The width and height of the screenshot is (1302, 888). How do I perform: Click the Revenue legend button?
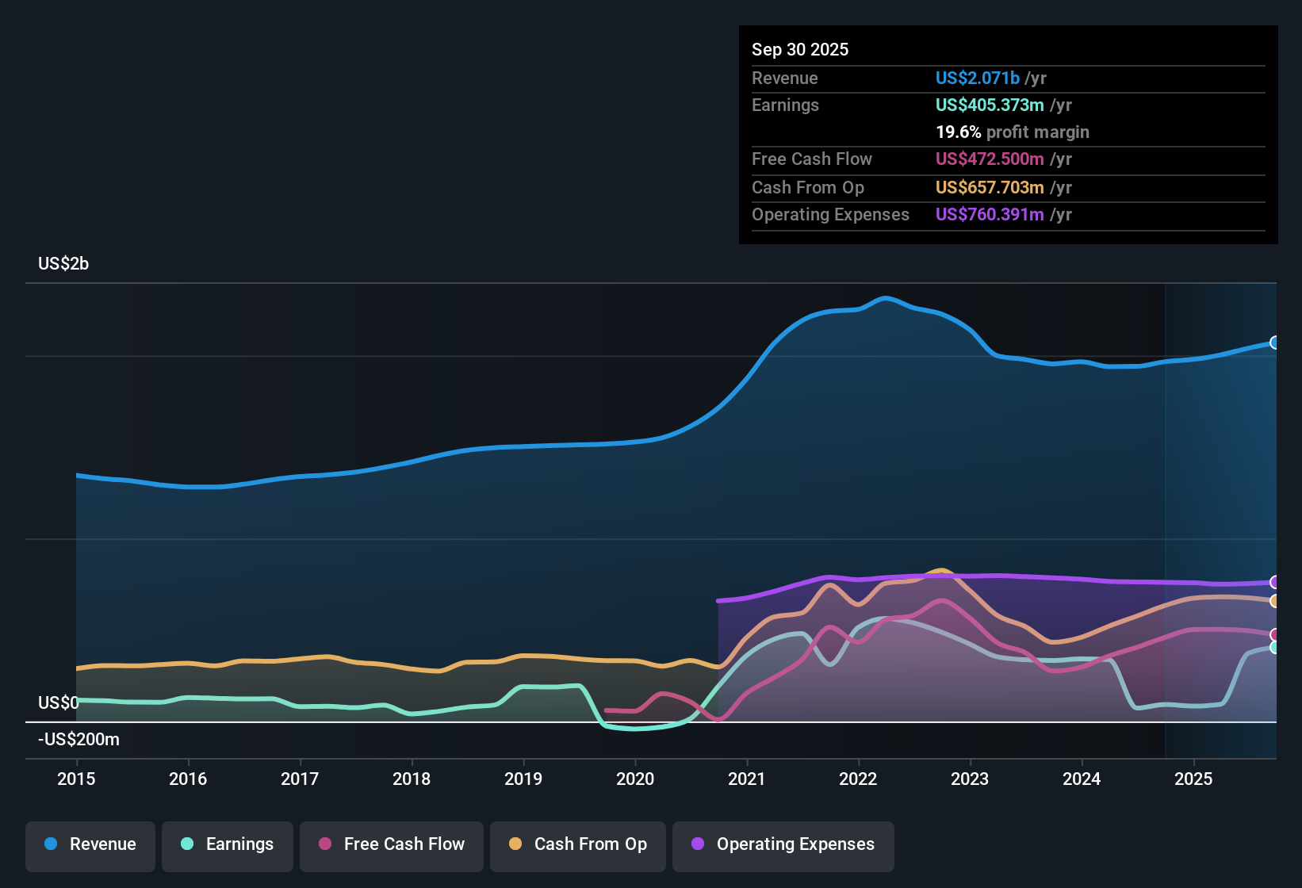90,844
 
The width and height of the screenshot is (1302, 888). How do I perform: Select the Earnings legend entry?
228,844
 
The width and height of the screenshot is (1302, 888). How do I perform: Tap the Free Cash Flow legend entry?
392,844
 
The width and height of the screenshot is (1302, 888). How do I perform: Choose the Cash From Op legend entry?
578,844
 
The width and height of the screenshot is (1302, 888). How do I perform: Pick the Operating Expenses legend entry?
783,844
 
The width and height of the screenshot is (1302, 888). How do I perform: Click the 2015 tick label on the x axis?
76,779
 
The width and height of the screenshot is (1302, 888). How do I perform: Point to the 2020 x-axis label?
635,779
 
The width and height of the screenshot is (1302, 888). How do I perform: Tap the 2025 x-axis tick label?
1193,779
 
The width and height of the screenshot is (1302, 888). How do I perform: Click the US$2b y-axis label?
63,264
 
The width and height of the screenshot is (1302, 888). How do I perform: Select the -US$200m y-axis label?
79,740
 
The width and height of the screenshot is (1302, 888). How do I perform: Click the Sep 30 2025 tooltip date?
800,50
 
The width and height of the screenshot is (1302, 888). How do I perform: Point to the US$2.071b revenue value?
978,78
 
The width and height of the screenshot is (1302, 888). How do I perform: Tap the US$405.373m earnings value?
990,105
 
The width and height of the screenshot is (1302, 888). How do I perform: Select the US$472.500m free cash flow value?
990,159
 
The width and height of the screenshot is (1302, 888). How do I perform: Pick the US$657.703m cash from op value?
990,188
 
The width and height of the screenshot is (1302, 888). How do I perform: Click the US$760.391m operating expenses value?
990,215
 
